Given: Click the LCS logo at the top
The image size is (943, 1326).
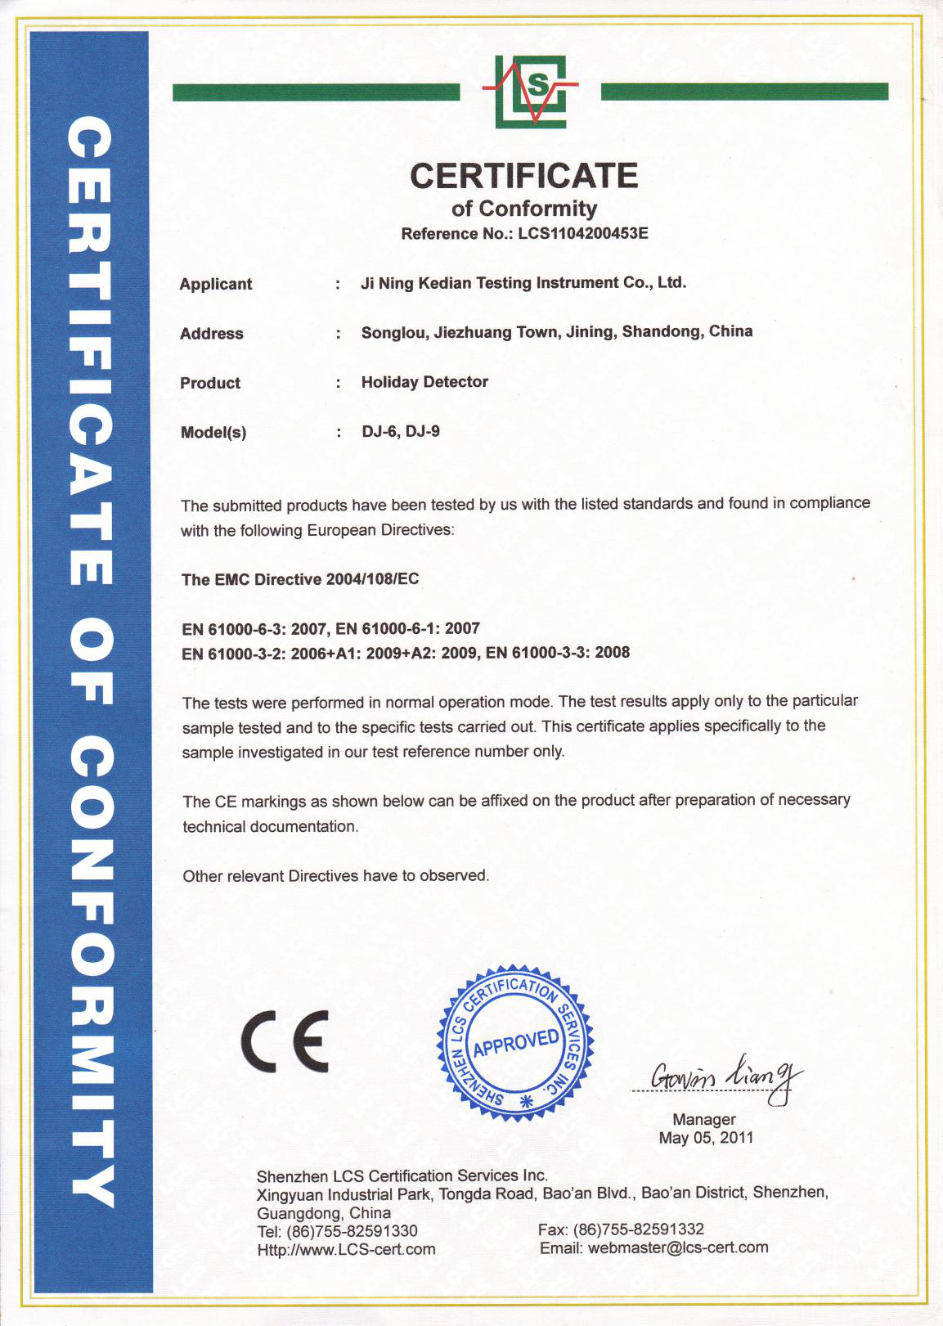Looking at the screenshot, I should pyautogui.click(x=530, y=91).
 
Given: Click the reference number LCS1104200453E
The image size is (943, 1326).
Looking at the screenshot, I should pyautogui.click(x=582, y=234).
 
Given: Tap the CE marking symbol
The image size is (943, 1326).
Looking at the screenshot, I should pyautogui.click(x=285, y=1041).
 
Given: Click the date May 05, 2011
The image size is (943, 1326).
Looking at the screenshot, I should pyautogui.click(x=706, y=1138).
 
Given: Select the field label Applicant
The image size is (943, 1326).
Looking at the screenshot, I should pyautogui.click(x=216, y=284).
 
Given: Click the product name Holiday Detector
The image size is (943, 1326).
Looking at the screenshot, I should pyautogui.click(x=424, y=382).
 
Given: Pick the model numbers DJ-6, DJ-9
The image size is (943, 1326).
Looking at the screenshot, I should pyautogui.click(x=401, y=431).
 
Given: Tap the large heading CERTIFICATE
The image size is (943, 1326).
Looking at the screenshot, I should pyautogui.click(x=523, y=175).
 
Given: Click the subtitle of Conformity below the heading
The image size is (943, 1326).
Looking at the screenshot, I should pyautogui.click(x=523, y=209).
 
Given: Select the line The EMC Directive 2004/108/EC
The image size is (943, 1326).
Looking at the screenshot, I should pyautogui.click(x=300, y=579).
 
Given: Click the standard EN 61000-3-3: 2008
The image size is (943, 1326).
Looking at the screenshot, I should pyautogui.click(x=558, y=653).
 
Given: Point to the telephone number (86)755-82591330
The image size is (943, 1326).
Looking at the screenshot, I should pyautogui.click(x=352, y=1231).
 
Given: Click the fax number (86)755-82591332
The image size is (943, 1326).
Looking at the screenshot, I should pyautogui.click(x=639, y=1229).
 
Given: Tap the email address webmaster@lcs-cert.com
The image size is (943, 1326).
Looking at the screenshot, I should pyautogui.click(x=678, y=1247).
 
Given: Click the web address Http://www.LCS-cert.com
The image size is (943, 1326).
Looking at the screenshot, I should pyautogui.click(x=346, y=1249).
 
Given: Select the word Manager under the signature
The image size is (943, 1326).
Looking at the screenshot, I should pyautogui.click(x=704, y=1119).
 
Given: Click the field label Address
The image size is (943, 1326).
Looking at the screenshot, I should pyautogui.click(x=212, y=334).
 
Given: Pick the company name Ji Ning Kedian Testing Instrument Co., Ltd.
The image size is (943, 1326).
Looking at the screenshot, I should pyautogui.click(x=523, y=283).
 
